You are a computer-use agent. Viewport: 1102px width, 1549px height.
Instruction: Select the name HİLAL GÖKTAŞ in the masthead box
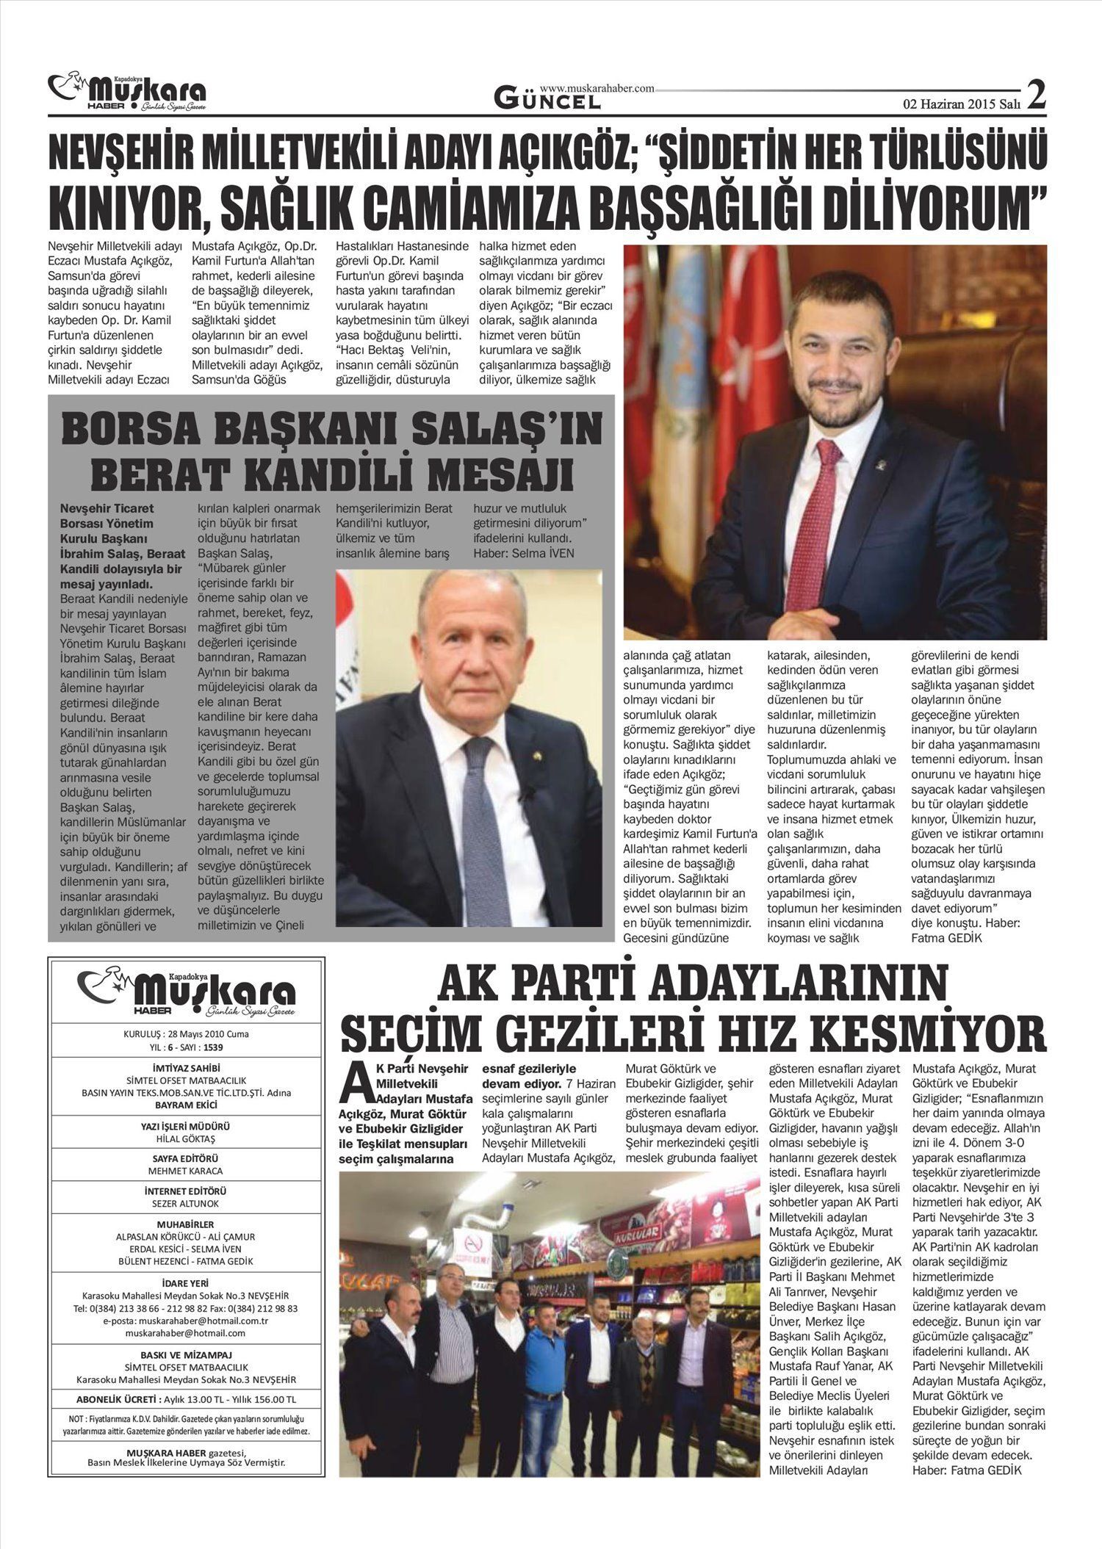pyautogui.click(x=185, y=1139)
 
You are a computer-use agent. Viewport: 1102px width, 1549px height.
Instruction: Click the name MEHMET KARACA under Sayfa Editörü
pyautogui.click(x=185, y=1171)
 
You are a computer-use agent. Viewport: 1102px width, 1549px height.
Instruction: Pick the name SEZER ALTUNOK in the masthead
pyautogui.click(x=185, y=1204)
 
